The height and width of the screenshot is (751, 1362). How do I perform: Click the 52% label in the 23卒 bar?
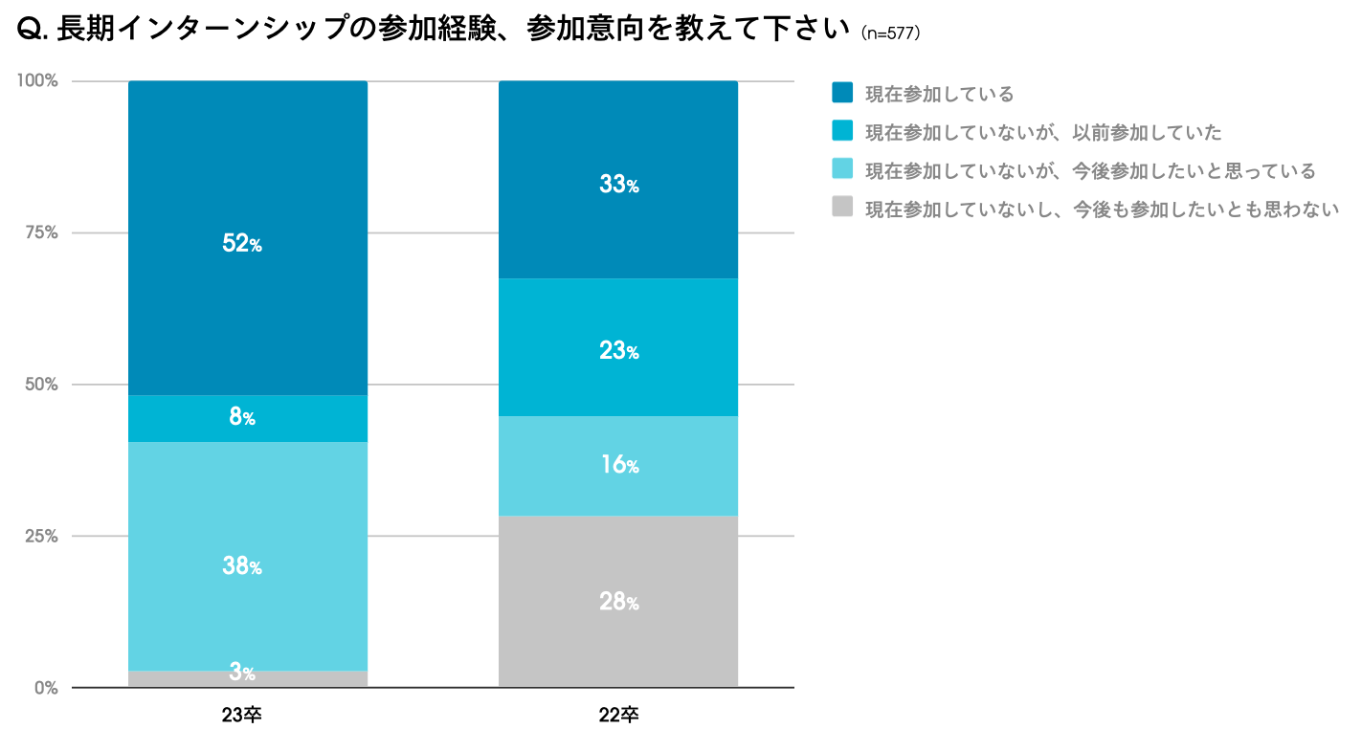pyautogui.click(x=242, y=244)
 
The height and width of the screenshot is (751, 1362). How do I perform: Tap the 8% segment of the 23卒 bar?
pyautogui.click(x=248, y=419)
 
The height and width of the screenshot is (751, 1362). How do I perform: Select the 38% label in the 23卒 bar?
pyautogui.click(x=242, y=566)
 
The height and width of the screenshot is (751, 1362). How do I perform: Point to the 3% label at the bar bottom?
pyautogui.click(x=242, y=672)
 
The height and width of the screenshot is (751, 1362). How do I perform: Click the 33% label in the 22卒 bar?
pyautogui.click(x=619, y=185)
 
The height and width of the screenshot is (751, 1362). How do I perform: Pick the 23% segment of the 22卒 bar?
pyautogui.click(x=617, y=347)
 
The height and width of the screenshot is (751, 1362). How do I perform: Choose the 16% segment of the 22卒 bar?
pyautogui.click(x=617, y=466)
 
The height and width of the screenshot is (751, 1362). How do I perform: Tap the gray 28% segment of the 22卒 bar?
pyautogui.click(x=617, y=602)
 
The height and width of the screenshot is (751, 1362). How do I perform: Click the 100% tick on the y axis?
pyautogui.click(x=37, y=80)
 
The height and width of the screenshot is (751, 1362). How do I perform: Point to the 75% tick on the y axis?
pyautogui.click(x=41, y=232)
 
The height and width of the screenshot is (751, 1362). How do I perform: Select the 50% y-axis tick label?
pyautogui.click(x=41, y=385)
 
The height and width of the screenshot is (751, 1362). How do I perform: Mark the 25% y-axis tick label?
pyautogui.click(x=41, y=536)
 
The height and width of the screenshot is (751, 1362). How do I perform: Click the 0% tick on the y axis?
pyautogui.click(x=46, y=688)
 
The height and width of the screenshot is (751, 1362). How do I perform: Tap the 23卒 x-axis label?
pyautogui.click(x=241, y=716)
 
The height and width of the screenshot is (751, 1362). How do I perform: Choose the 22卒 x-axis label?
pyautogui.click(x=618, y=716)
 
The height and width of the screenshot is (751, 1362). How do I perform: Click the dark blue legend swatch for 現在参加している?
pyautogui.click(x=842, y=93)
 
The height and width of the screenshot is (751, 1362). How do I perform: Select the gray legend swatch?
pyautogui.click(x=842, y=207)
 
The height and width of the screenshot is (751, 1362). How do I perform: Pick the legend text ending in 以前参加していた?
pyautogui.click(x=1043, y=132)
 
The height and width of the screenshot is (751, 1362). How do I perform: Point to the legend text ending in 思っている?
pyautogui.click(x=1090, y=170)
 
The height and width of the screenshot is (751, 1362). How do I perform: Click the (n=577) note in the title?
pyautogui.click(x=890, y=33)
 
